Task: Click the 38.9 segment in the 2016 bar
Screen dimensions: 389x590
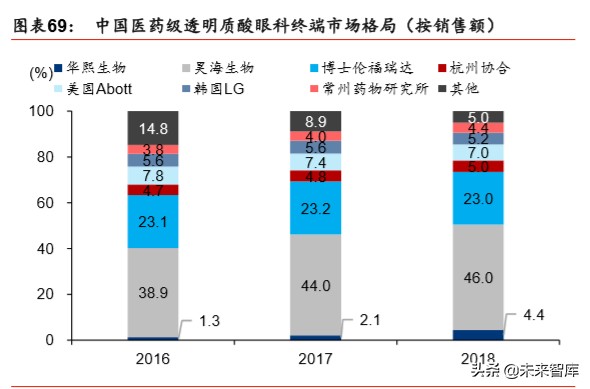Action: point(153,292)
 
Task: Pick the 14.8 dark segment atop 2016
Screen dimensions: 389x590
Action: point(153,128)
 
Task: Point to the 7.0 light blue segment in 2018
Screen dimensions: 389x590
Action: point(479,153)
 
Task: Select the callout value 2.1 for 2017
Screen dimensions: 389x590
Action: point(369,319)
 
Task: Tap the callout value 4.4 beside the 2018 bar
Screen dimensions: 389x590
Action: point(533,316)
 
